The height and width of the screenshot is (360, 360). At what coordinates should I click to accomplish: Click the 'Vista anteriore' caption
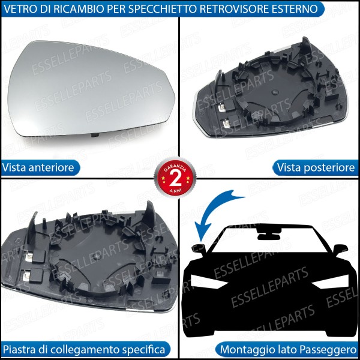[x=39, y=167]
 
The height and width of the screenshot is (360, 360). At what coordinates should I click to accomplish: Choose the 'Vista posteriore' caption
[x=315, y=167]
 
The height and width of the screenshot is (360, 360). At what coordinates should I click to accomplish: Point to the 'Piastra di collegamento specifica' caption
[x=84, y=349]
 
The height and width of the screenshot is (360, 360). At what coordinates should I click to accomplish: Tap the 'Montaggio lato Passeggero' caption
[x=289, y=349]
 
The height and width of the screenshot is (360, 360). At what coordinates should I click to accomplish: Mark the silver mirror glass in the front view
[x=90, y=87]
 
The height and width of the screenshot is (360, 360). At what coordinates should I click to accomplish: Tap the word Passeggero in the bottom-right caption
[x=329, y=349]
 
